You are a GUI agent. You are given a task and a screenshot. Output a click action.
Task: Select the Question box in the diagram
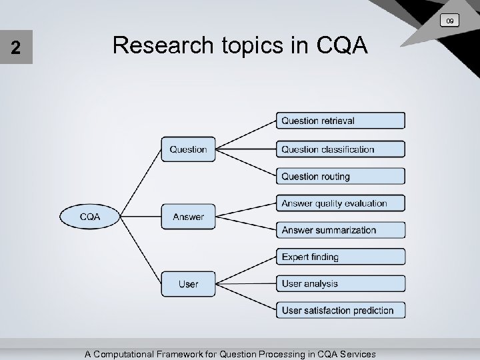pos(188,149)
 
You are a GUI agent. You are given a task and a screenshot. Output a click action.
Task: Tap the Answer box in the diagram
pos(188,217)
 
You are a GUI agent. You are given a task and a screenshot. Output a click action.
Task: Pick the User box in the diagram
pos(188,284)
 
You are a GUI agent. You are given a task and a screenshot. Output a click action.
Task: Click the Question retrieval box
pos(341,121)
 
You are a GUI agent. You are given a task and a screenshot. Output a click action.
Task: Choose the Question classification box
pos(341,149)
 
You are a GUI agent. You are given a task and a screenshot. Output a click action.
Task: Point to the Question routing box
pos(341,177)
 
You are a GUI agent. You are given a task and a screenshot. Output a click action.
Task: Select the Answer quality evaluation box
pos(341,203)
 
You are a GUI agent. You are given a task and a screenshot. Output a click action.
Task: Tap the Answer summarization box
pos(341,230)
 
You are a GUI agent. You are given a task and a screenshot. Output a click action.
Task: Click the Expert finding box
pos(341,257)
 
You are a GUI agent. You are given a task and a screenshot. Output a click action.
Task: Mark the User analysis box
pos(341,283)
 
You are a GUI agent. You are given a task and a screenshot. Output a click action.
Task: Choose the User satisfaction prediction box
pos(341,310)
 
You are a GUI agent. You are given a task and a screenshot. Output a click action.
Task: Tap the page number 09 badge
pos(450,22)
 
